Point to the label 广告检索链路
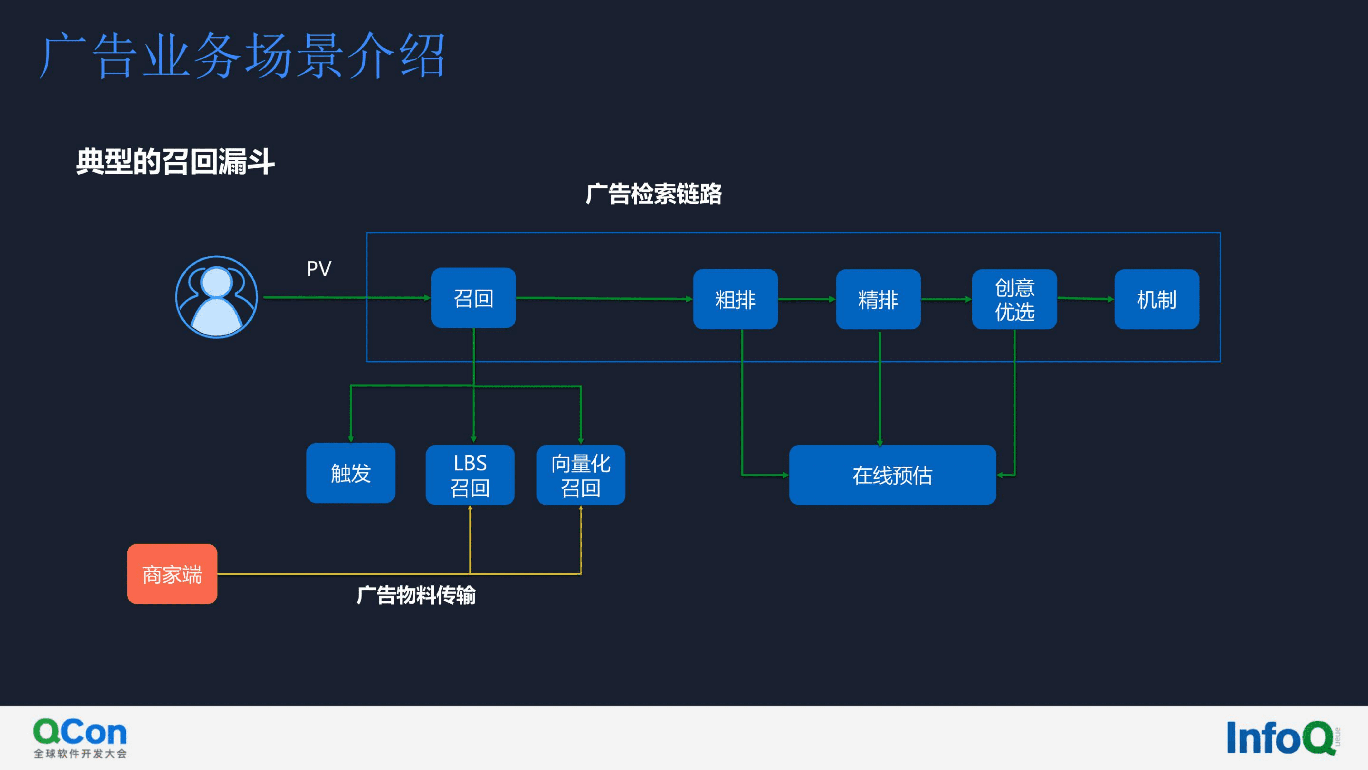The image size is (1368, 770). click(x=653, y=194)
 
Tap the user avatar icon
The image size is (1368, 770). click(x=217, y=297)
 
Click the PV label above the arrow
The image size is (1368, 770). click(x=319, y=269)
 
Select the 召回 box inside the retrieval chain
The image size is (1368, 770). click(x=473, y=298)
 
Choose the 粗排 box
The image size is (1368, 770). click(x=735, y=299)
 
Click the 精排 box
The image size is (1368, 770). click(x=878, y=299)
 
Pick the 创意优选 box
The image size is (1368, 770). click(x=1014, y=299)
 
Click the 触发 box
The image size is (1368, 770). click(x=351, y=473)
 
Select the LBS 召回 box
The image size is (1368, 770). click(x=470, y=475)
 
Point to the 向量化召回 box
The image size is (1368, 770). click(x=581, y=475)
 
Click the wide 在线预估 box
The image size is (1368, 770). click(x=892, y=475)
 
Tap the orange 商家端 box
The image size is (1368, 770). click(x=172, y=574)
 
